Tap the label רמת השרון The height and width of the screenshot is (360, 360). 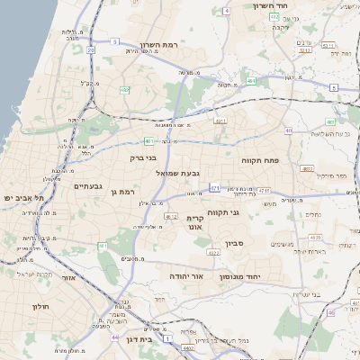click(161, 45)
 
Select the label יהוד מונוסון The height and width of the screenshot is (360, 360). click(264, 276)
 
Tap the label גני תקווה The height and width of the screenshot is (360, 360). click(221, 212)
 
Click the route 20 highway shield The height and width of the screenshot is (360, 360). click(92, 50)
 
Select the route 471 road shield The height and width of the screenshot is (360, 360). click(214, 188)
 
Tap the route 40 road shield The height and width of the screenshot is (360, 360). click(289, 130)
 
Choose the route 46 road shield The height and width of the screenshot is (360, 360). click(330, 312)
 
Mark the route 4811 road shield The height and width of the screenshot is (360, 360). click(307, 168)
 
